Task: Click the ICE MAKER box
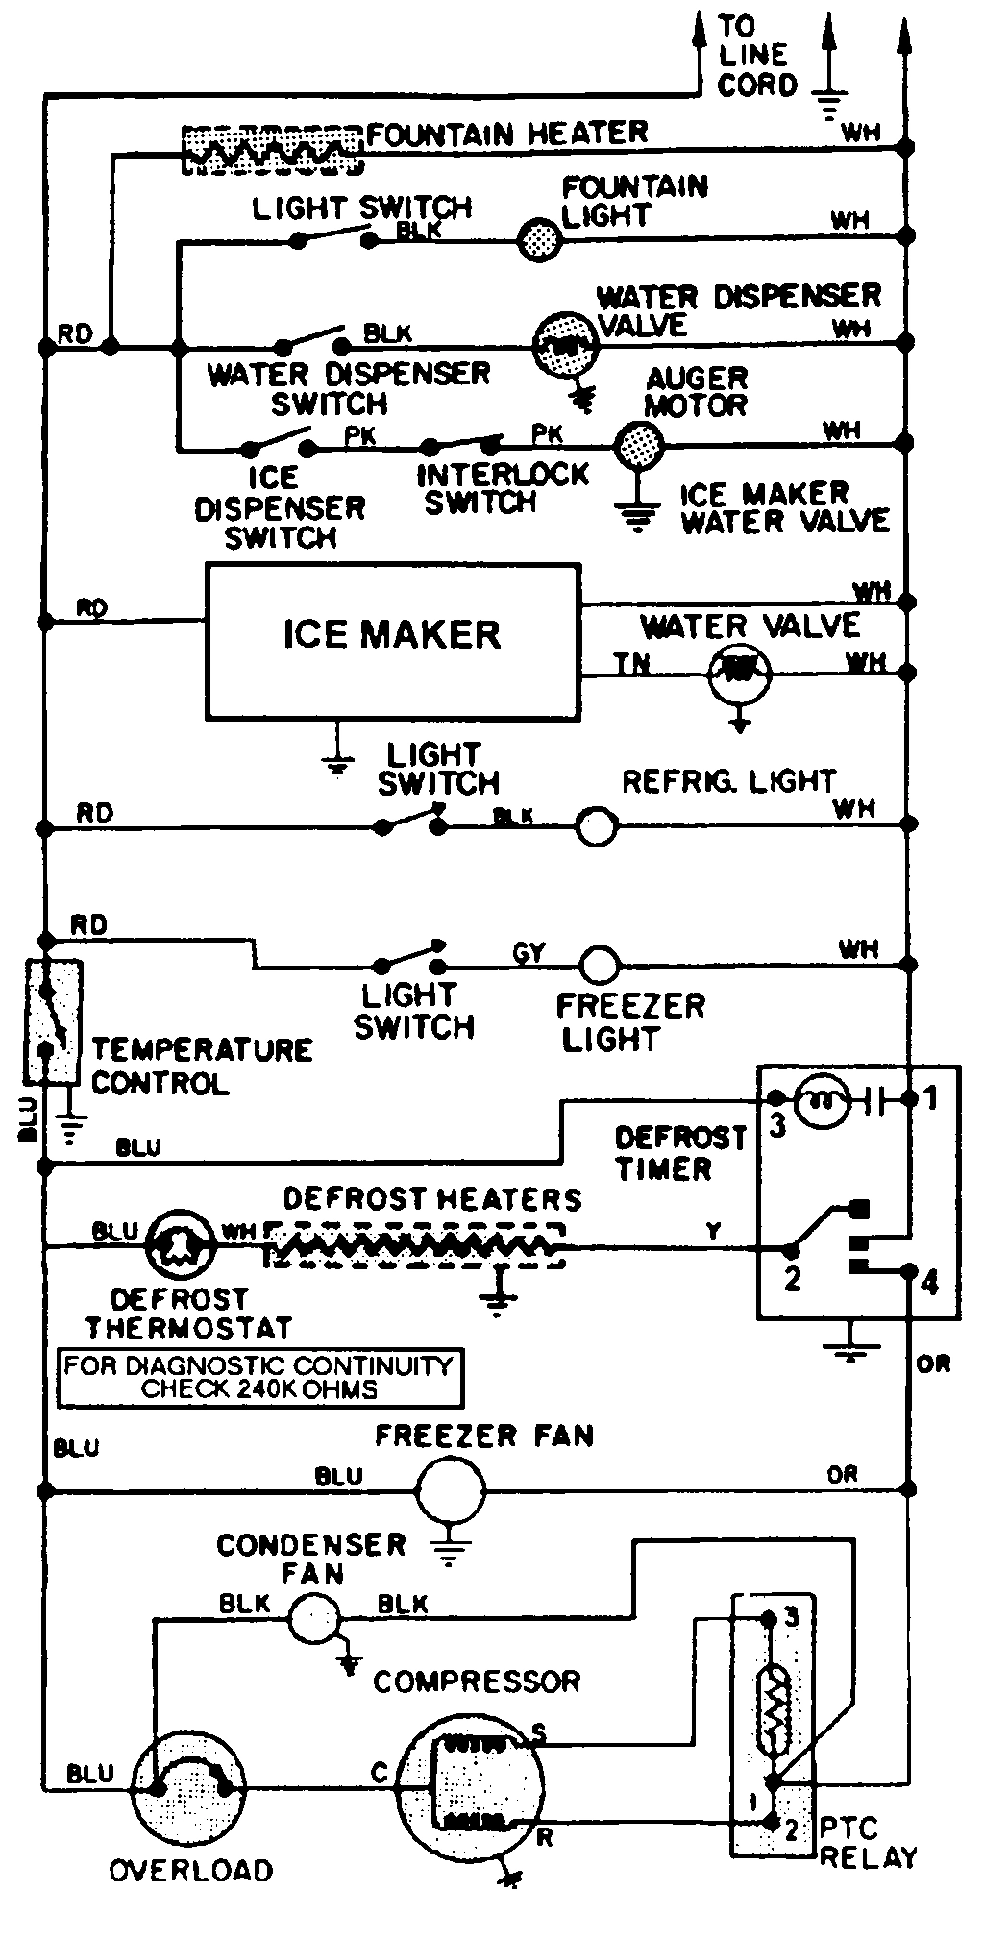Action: (393, 641)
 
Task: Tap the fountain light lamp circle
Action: (539, 238)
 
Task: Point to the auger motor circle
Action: (638, 445)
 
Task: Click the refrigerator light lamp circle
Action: (596, 825)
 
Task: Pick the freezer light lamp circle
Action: (600, 964)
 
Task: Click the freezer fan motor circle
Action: (450, 1490)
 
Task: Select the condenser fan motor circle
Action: (314, 1618)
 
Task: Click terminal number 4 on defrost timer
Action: (929, 1282)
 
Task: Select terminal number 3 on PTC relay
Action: (791, 1617)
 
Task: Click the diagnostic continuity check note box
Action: (259, 1377)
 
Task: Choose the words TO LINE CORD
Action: (756, 56)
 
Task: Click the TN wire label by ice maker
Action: (631, 663)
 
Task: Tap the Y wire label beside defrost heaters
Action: (713, 1230)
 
